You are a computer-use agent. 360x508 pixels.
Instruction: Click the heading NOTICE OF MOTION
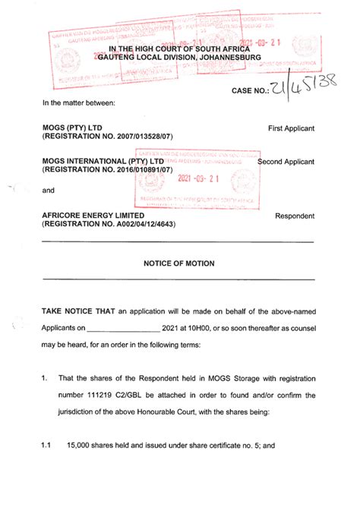179,263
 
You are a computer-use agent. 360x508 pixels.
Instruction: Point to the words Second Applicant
286,162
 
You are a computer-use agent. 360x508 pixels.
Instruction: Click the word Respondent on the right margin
295,216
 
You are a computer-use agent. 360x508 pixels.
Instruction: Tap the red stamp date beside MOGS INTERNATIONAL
197,179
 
